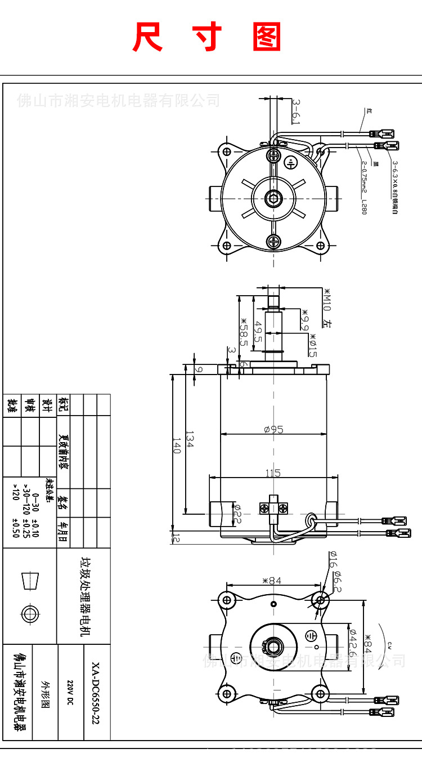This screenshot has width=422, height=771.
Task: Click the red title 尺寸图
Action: coord(206,38)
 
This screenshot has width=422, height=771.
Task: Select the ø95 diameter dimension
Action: coord(273,429)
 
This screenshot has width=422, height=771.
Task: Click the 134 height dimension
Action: coord(190,440)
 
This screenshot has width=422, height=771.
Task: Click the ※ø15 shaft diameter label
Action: coord(312,345)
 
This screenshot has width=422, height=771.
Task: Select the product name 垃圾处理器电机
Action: coord(85,596)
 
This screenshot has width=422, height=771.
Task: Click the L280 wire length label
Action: coord(364,207)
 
